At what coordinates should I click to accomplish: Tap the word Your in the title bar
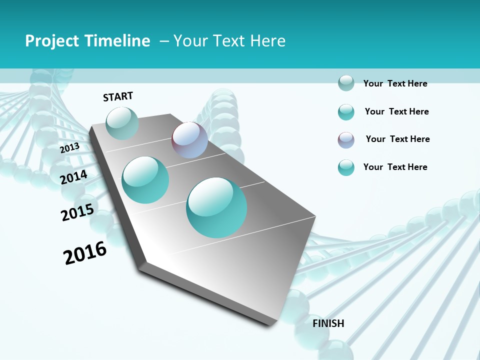190,41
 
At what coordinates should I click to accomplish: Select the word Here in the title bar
267,41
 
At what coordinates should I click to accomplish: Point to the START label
118,96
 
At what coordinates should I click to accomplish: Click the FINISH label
328,323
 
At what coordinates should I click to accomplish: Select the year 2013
69,148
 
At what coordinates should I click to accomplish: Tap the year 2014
73,177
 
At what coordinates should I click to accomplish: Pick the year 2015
77,212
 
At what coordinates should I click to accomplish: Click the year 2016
85,253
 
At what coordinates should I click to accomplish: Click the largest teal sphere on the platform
216,207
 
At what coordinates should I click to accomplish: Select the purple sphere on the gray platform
189,140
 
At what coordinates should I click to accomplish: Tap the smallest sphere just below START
122,123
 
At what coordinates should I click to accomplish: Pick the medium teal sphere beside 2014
145,179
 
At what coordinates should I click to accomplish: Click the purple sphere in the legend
346,140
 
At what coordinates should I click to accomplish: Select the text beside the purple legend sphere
397,139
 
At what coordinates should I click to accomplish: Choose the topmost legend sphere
346,83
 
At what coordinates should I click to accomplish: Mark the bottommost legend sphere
346,167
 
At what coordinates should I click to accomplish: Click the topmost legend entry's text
395,83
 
